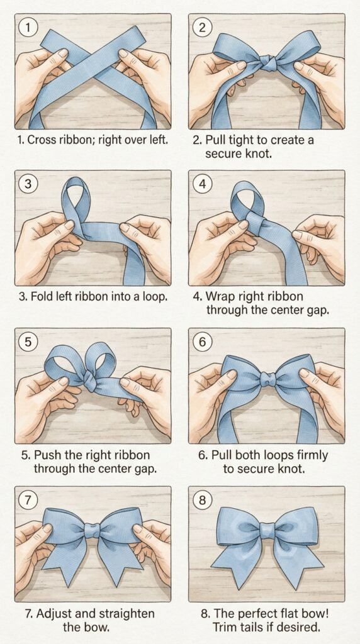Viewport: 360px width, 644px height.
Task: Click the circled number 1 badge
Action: [x=28, y=27]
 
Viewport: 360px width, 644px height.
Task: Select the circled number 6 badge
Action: [x=202, y=341]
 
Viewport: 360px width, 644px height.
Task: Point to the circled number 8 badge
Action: [x=202, y=499]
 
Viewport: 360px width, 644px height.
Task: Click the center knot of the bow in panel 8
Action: [x=267, y=530]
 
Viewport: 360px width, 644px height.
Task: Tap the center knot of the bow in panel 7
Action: [x=93, y=530]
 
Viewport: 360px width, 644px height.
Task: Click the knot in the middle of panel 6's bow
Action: [x=268, y=379]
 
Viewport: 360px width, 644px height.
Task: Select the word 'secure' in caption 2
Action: [x=223, y=154]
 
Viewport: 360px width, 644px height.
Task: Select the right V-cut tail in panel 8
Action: [x=296, y=564]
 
